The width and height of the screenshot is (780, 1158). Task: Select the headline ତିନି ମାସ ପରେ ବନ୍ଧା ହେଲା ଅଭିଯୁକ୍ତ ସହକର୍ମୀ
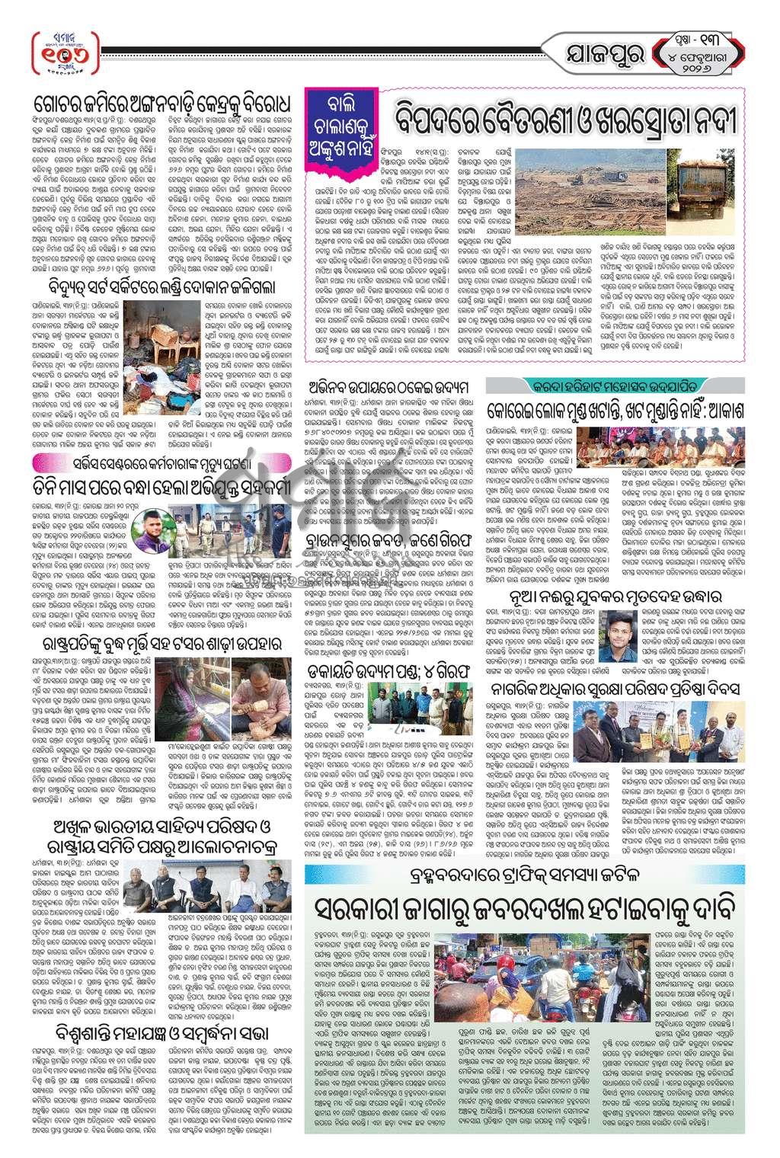tap(166, 485)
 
